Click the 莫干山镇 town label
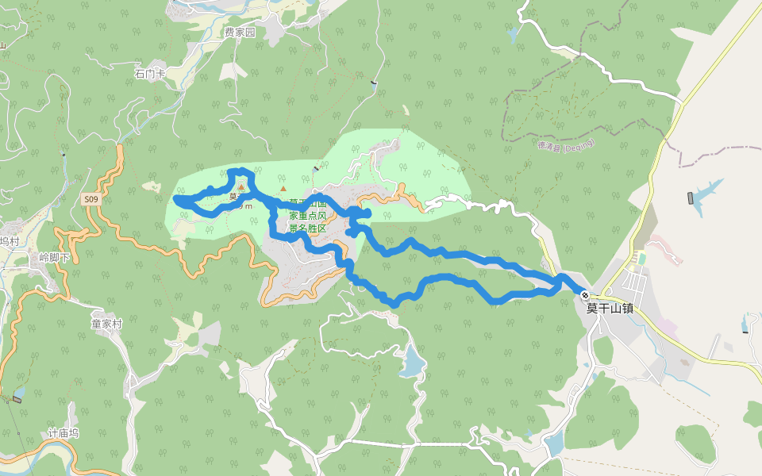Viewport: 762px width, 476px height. coord(610,309)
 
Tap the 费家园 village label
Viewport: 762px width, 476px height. coord(239,33)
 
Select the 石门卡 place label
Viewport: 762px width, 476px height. coord(149,74)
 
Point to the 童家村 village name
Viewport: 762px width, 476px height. coord(106,324)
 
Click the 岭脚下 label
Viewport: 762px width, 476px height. coord(54,258)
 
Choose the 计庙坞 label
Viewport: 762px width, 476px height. coord(63,433)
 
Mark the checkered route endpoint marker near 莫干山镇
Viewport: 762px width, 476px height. coord(585,295)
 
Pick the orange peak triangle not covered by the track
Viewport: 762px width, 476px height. coord(283,189)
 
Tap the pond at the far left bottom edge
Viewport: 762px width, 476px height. coord(19,392)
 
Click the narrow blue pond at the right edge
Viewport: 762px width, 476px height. coord(747,322)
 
